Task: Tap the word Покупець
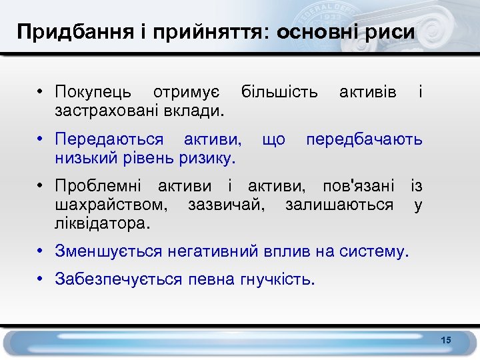coord(93,91)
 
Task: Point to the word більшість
coord(279,91)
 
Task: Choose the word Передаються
coord(109,139)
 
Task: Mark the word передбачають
coord(364,139)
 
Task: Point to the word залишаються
coord(339,204)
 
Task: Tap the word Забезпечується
coord(118,279)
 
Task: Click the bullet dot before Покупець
coord(41,91)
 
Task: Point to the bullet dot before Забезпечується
coord(41,279)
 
